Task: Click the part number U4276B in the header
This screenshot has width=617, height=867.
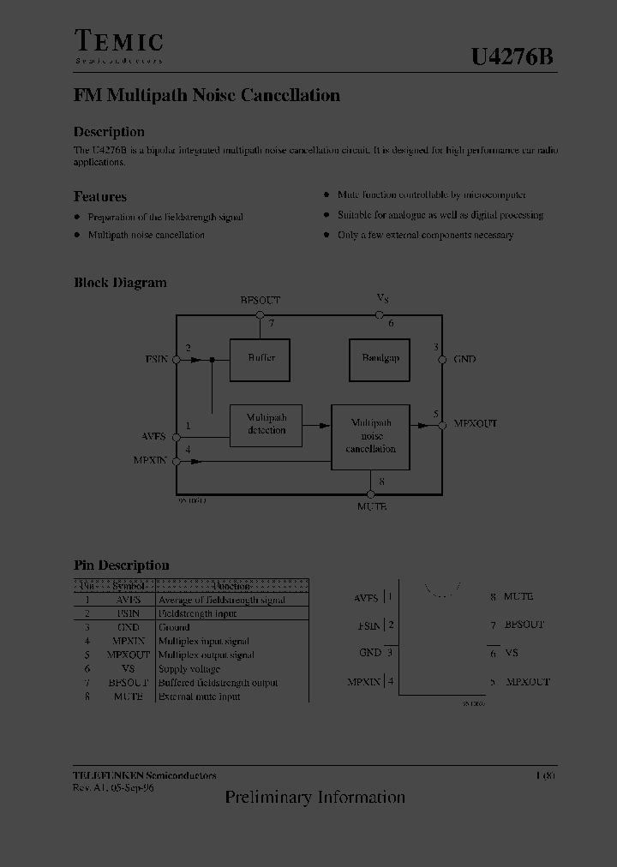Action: (512, 57)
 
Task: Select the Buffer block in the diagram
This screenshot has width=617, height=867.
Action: (261, 358)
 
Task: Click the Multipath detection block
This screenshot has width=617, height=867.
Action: (267, 424)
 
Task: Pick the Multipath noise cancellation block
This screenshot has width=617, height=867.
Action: (370, 436)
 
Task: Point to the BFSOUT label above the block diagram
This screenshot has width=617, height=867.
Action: (260, 301)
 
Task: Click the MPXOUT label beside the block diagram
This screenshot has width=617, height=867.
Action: (476, 424)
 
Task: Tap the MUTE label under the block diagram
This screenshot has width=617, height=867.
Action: (371, 507)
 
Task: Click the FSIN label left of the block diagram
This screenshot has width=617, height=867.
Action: (156, 359)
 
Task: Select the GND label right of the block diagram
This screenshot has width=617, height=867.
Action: (464, 360)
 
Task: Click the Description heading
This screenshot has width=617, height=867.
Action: (109, 132)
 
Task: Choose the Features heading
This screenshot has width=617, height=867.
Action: (100, 197)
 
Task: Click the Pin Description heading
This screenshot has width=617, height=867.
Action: (122, 565)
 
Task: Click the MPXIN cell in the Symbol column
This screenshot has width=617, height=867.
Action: (128, 642)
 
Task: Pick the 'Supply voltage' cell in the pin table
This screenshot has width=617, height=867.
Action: (189, 669)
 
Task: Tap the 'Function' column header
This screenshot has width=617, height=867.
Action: (231, 586)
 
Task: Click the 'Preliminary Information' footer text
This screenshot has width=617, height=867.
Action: (314, 798)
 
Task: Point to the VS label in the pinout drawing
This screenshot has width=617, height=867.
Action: (511, 654)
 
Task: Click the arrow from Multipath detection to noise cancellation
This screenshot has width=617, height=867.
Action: (317, 424)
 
